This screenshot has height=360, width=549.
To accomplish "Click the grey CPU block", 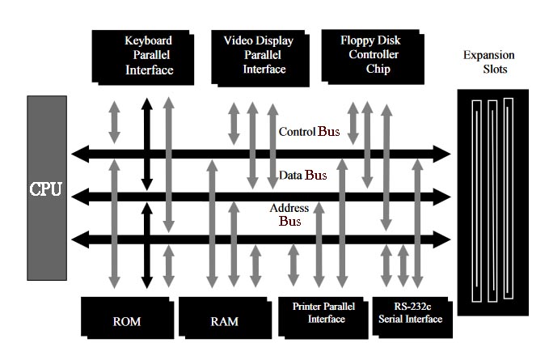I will (x=45, y=188).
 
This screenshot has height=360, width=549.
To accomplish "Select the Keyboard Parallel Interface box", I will (x=146, y=56).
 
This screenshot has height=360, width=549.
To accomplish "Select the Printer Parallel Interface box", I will (x=323, y=314).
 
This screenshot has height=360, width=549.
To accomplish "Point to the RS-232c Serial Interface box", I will (x=410, y=314).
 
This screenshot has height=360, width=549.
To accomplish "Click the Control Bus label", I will (x=310, y=131).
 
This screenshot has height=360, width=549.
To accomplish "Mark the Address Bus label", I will (x=289, y=214).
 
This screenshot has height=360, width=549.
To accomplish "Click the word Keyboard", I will (x=149, y=40).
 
